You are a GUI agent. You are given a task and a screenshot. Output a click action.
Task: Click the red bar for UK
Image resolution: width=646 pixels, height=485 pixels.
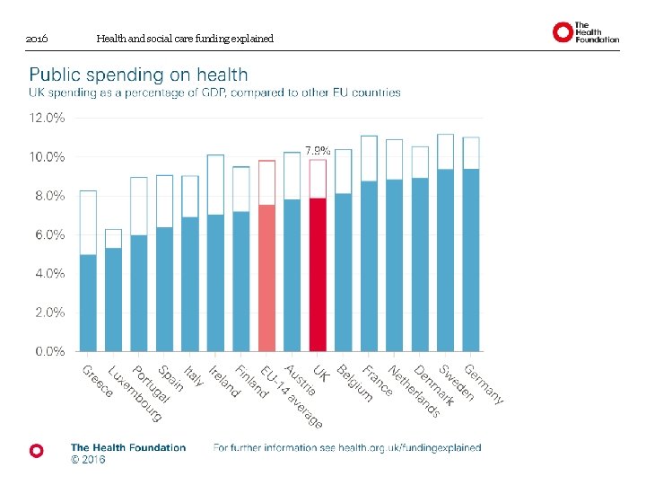click(318, 274)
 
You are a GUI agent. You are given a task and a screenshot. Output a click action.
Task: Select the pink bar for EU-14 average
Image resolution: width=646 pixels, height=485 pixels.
click(266, 278)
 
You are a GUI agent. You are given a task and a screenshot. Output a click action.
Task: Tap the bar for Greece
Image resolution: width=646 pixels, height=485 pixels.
click(87, 302)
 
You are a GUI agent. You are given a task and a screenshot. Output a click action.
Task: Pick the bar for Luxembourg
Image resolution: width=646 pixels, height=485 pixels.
click(113, 298)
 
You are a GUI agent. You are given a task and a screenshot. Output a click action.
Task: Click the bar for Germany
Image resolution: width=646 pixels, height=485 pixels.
click(471, 260)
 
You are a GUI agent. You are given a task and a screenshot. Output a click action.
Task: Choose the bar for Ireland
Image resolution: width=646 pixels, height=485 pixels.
click(215, 282)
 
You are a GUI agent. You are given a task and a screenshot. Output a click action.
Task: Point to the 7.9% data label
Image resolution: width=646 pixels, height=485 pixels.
click(318, 151)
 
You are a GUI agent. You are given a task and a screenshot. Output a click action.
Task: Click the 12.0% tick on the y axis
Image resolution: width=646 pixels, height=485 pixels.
click(48, 118)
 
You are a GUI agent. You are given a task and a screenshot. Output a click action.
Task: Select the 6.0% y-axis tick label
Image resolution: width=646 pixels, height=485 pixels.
click(49, 234)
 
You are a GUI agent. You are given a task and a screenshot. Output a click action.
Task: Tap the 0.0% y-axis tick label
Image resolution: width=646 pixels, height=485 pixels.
click(49, 351)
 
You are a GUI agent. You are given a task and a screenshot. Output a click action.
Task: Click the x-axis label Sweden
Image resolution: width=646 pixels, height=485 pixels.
click(456, 383)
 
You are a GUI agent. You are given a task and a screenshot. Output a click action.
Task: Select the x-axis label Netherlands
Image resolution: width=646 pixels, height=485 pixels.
click(414, 390)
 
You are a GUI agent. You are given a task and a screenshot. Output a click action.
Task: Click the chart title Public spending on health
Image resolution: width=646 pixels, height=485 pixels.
click(139, 75)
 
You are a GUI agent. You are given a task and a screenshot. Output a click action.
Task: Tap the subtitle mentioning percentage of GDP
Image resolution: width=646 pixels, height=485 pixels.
click(215, 93)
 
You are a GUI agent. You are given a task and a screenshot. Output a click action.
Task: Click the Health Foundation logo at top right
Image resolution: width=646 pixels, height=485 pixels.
click(585, 33)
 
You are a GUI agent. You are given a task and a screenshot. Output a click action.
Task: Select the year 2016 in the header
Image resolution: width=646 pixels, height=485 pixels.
click(37, 40)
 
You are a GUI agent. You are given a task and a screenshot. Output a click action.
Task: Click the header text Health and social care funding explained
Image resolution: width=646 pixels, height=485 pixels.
click(185, 39)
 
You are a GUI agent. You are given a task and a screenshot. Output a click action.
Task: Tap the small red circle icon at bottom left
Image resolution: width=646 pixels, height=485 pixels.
click(36, 451)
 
